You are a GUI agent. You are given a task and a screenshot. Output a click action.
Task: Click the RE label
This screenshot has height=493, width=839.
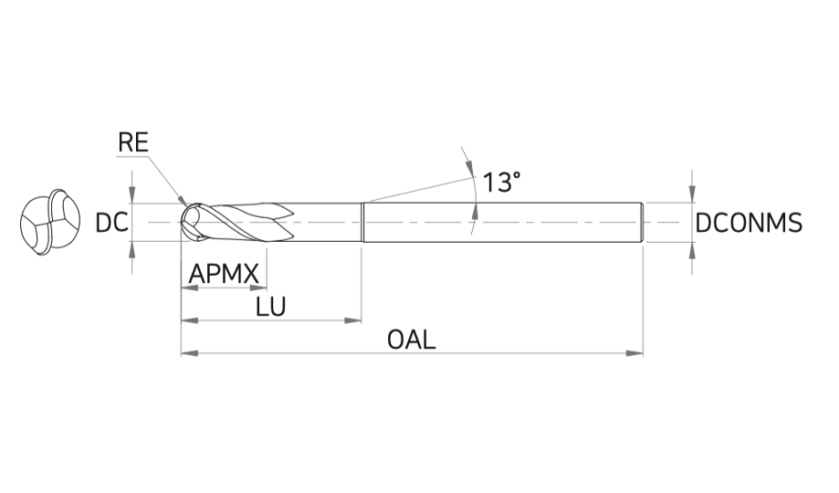[x=132, y=143]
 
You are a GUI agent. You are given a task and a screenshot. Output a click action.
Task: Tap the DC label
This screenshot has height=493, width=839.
[x=111, y=223]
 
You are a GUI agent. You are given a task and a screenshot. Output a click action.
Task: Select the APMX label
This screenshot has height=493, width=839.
[x=224, y=274]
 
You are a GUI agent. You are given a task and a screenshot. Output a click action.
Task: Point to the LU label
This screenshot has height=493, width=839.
[x=271, y=307]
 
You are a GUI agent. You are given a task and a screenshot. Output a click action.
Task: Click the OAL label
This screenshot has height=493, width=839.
[x=412, y=340]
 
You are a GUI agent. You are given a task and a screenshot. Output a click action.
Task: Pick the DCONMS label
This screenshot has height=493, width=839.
[x=749, y=223]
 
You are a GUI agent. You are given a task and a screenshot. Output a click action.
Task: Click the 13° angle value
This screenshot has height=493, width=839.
[x=501, y=182]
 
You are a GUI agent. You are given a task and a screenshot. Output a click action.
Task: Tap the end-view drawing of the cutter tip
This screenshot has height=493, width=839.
[x=50, y=222]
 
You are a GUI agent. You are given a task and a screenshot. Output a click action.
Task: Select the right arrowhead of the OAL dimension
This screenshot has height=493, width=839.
[x=634, y=353]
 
